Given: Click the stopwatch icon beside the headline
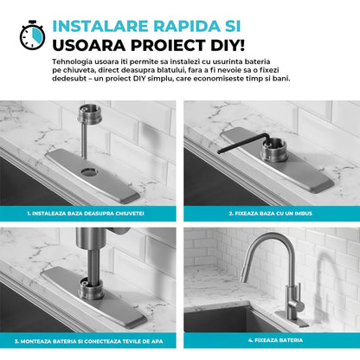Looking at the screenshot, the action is pos(32,35).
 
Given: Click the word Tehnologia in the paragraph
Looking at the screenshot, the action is pos(73,61).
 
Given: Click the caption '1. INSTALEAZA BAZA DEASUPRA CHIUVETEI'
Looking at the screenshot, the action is pos(86,214).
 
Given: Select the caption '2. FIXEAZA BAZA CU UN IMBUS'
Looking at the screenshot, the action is pos(271,214).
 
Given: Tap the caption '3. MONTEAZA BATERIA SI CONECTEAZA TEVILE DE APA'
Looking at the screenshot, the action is pos(88,341).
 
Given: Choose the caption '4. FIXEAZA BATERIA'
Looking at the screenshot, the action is pos(275,340).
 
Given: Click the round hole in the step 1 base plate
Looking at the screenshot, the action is pos(89,172).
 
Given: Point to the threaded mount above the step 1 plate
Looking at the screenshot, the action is pos(89,114).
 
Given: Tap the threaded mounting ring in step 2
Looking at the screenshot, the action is pos(274,150).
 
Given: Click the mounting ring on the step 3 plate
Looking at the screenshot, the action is pos(91,289).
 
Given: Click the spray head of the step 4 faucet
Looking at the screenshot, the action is pos(246,273).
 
